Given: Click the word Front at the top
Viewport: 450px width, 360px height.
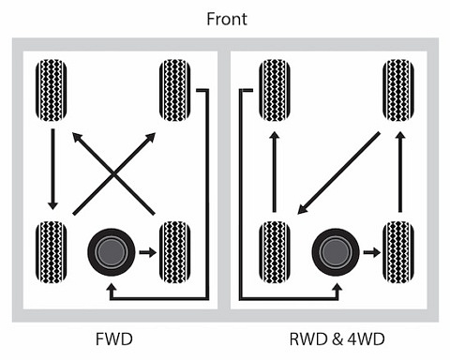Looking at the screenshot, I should pos(224,19).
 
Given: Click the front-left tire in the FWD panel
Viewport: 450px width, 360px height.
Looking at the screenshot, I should pos(51,90).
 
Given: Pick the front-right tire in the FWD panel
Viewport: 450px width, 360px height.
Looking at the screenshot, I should pos(175,90).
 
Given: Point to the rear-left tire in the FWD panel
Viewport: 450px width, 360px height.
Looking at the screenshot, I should pos(51,251).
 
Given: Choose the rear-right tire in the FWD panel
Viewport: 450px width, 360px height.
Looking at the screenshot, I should pos(175,251).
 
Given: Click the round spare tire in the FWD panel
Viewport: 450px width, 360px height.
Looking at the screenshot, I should pos(110,251).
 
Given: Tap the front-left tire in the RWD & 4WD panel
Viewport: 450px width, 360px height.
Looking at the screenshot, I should pos(274,90).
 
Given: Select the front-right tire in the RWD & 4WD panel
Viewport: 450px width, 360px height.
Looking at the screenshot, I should pos(398,90).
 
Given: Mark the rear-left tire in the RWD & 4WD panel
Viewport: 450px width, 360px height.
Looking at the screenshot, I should pos(274,251).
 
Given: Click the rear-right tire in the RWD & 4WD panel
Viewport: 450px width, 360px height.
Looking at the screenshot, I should pos(398,251).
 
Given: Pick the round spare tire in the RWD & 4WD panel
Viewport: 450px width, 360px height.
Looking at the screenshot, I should pos(334,251).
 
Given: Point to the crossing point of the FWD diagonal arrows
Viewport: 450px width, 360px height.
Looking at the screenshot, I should pos(114,172).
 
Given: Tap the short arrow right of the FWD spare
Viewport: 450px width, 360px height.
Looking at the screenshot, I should pos(146,251).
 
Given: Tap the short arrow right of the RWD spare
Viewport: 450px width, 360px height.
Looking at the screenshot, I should pos(369,251).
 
